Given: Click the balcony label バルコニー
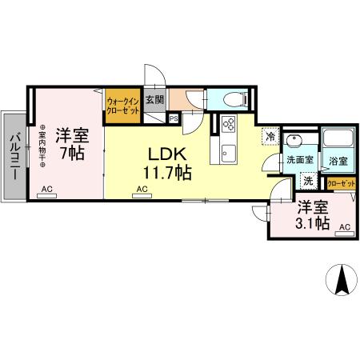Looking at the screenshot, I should point(14,158).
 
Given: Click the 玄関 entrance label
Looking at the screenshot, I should point(154,100).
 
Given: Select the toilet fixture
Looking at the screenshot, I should point(234,101).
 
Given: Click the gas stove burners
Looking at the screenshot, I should point(227,126).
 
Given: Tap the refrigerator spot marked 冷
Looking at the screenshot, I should point(271,137).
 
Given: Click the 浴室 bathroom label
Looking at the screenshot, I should point(338,161).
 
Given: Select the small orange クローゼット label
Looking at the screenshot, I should point(342,183).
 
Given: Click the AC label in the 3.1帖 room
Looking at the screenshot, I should point(344,228).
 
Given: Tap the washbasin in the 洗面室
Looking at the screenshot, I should point(295,142).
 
